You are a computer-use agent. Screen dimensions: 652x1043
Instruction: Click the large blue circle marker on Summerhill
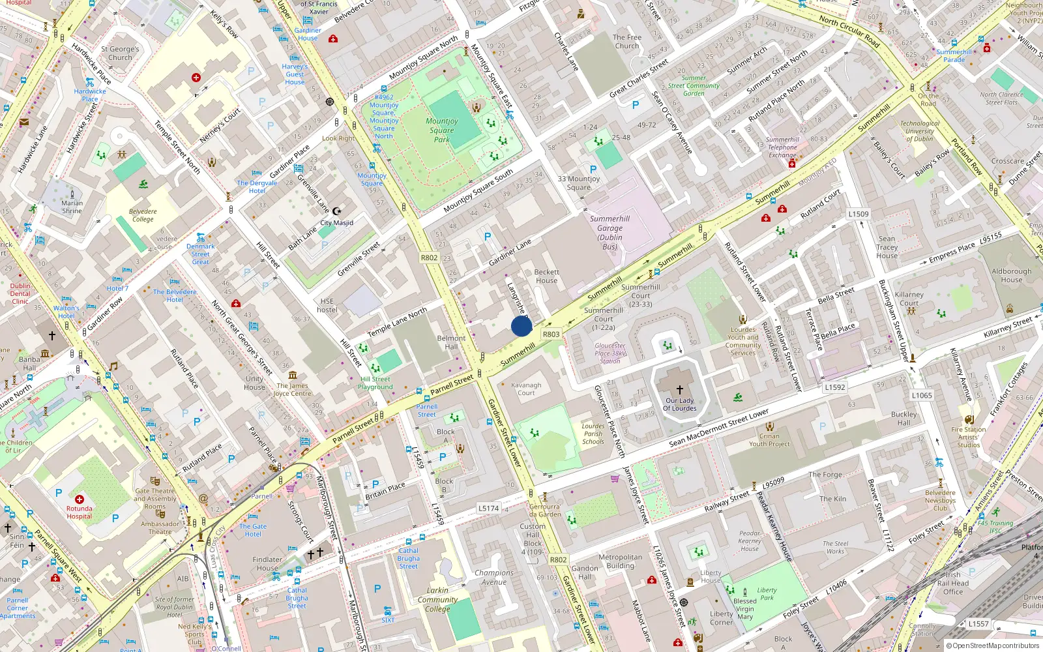click(521, 326)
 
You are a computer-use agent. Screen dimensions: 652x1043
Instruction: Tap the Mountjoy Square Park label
click(442, 130)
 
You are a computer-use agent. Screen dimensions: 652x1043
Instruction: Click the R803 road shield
click(551, 334)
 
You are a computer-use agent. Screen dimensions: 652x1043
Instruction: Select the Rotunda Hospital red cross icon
click(80, 499)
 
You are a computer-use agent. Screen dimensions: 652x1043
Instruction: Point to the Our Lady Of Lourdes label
click(680, 404)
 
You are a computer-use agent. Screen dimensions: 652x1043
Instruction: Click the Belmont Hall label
click(451, 342)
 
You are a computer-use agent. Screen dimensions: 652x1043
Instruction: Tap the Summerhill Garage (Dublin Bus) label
click(610, 233)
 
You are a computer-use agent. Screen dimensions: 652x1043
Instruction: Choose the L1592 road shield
click(834, 387)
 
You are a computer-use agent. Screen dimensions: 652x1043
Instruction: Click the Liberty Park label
click(767, 593)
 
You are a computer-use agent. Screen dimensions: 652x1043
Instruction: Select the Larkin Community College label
click(437, 600)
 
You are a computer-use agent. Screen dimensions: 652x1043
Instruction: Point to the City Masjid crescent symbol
click(336, 211)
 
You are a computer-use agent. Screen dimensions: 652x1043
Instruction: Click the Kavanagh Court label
click(526, 389)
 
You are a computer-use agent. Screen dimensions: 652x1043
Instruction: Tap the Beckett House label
click(546, 276)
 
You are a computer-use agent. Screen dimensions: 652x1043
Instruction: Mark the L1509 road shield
click(859, 214)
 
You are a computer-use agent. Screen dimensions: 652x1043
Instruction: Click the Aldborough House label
click(1012, 275)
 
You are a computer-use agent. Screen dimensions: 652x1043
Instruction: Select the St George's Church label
click(120, 53)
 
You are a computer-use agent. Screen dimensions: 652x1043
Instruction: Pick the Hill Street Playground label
click(375, 383)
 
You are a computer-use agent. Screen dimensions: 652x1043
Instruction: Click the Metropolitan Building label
click(620, 561)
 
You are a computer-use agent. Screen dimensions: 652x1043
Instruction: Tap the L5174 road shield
click(488, 508)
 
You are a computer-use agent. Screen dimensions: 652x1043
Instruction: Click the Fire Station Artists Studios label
click(969, 437)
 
